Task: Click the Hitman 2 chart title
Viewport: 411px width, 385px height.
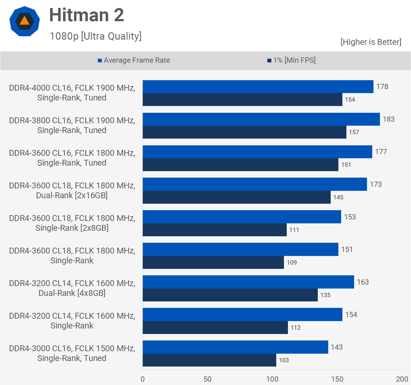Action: pyautogui.click(x=86, y=15)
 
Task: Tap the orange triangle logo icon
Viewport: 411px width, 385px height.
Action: pyautogui.click(x=25, y=21)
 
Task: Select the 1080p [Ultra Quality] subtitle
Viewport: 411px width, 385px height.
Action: pyautogui.click(x=96, y=36)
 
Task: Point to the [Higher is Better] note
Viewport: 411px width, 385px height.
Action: pyautogui.click(x=371, y=42)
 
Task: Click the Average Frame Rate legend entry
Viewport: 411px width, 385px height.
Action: pyautogui.click(x=134, y=60)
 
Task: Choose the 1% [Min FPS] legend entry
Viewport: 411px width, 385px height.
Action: pyautogui.click(x=291, y=60)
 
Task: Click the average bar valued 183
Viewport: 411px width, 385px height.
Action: pyautogui.click(x=261, y=119)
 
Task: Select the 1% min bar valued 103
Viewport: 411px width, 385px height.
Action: pyautogui.click(x=209, y=360)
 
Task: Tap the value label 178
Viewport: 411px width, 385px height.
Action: pyautogui.click(x=382, y=87)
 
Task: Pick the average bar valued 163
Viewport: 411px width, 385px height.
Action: pyautogui.click(x=248, y=282)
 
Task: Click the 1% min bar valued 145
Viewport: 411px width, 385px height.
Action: pyautogui.click(x=237, y=197)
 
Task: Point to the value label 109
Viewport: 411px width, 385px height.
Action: pyautogui.click(x=292, y=262)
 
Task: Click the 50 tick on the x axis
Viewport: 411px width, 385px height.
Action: pyautogui.click(x=207, y=379)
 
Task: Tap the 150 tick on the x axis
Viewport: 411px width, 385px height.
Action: pyautogui.click(x=337, y=379)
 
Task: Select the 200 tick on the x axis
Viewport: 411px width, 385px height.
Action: pyautogui.click(x=402, y=379)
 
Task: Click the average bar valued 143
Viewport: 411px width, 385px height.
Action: pyautogui.click(x=235, y=347)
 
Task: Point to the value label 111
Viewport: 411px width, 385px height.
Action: pyautogui.click(x=294, y=230)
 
